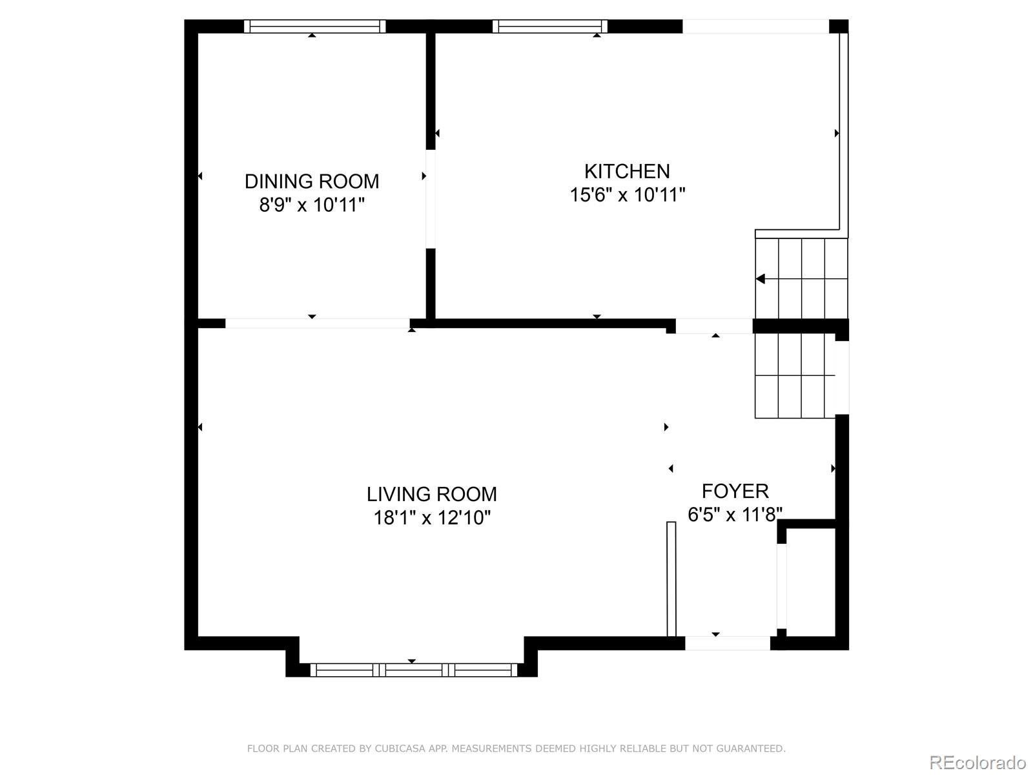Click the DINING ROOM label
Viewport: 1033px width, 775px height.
(x=312, y=181)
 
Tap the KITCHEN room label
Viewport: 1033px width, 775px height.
(x=627, y=171)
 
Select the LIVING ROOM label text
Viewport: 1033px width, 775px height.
(x=431, y=494)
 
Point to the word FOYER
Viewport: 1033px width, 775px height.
(x=735, y=491)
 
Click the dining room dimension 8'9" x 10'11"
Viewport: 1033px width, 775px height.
(x=312, y=205)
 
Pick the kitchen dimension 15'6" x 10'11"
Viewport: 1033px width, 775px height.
(x=628, y=194)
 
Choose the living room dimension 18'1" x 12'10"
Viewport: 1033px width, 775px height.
(x=431, y=517)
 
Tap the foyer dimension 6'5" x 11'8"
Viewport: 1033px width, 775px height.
(x=735, y=514)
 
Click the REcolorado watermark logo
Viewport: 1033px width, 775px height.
(x=978, y=762)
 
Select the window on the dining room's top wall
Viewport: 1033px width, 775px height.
(x=315, y=26)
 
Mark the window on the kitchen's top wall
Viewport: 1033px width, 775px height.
(x=549, y=26)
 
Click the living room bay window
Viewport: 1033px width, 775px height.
(x=414, y=670)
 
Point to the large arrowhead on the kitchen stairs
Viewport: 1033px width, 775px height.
(x=760, y=279)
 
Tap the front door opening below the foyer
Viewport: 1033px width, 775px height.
(x=727, y=643)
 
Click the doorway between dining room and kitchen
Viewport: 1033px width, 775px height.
(x=430, y=199)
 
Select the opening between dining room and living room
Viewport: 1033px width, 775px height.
(x=318, y=324)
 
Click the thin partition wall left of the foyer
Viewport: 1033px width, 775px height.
(x=671, y=579)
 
